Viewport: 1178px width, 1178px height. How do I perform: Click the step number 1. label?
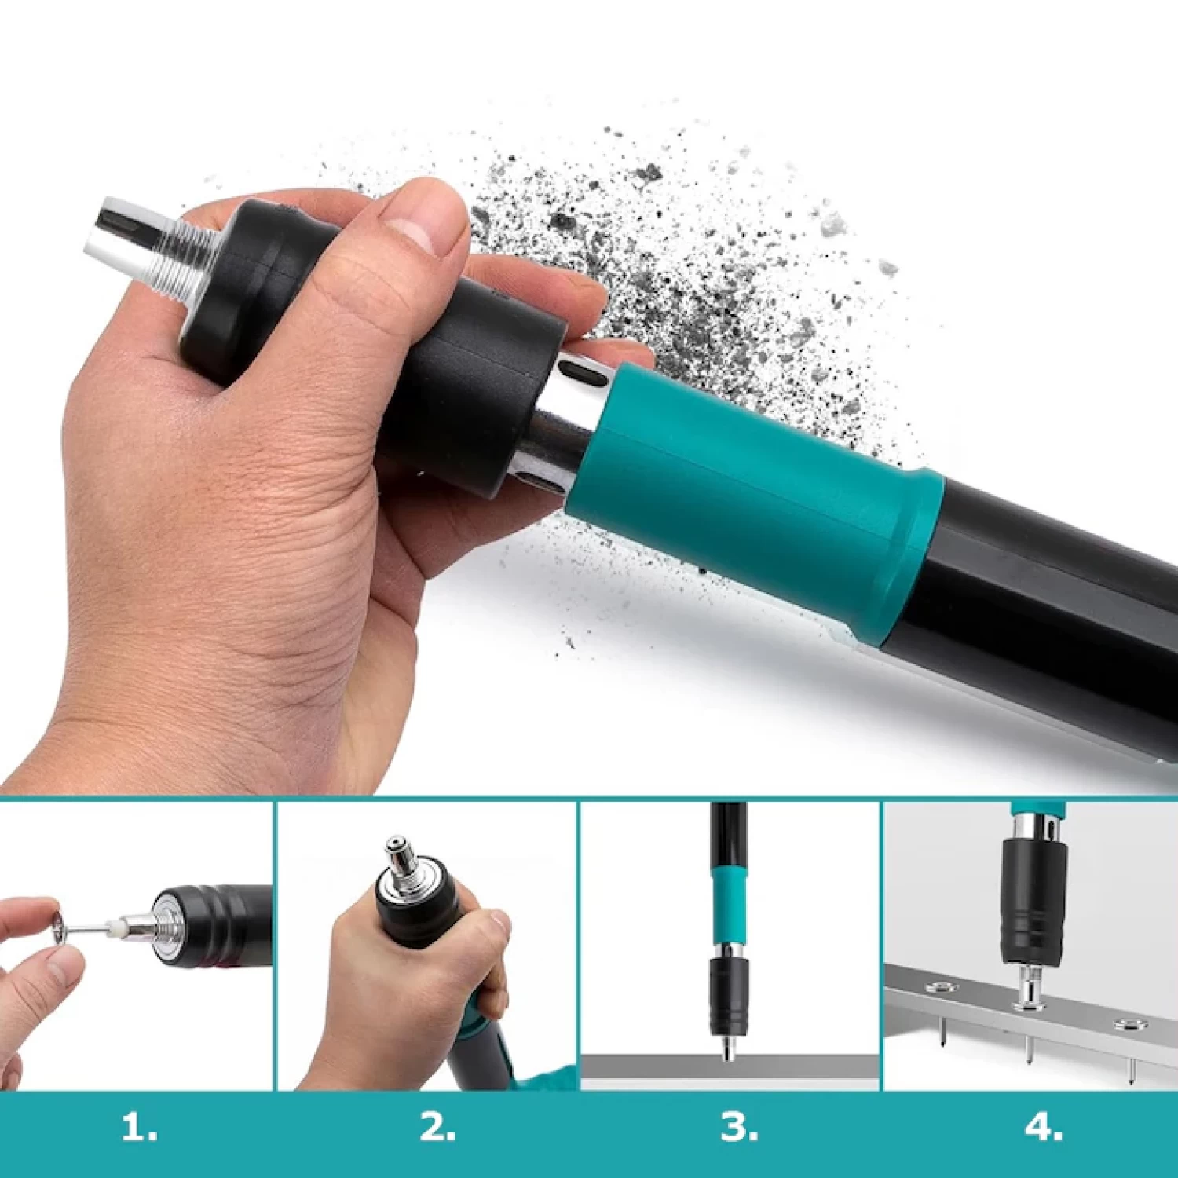click(139, 1129)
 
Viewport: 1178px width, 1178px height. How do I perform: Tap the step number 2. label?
click(437, 1129)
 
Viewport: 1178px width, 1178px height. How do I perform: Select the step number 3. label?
click(739, 1129)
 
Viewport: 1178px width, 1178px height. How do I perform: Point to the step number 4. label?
click(1044, 1129)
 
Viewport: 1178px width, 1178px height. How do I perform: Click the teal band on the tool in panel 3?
click(727, 902)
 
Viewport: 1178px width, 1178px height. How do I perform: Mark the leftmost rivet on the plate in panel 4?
click(937, 987)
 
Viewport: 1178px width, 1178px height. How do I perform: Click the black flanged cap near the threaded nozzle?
click(236, 283)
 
